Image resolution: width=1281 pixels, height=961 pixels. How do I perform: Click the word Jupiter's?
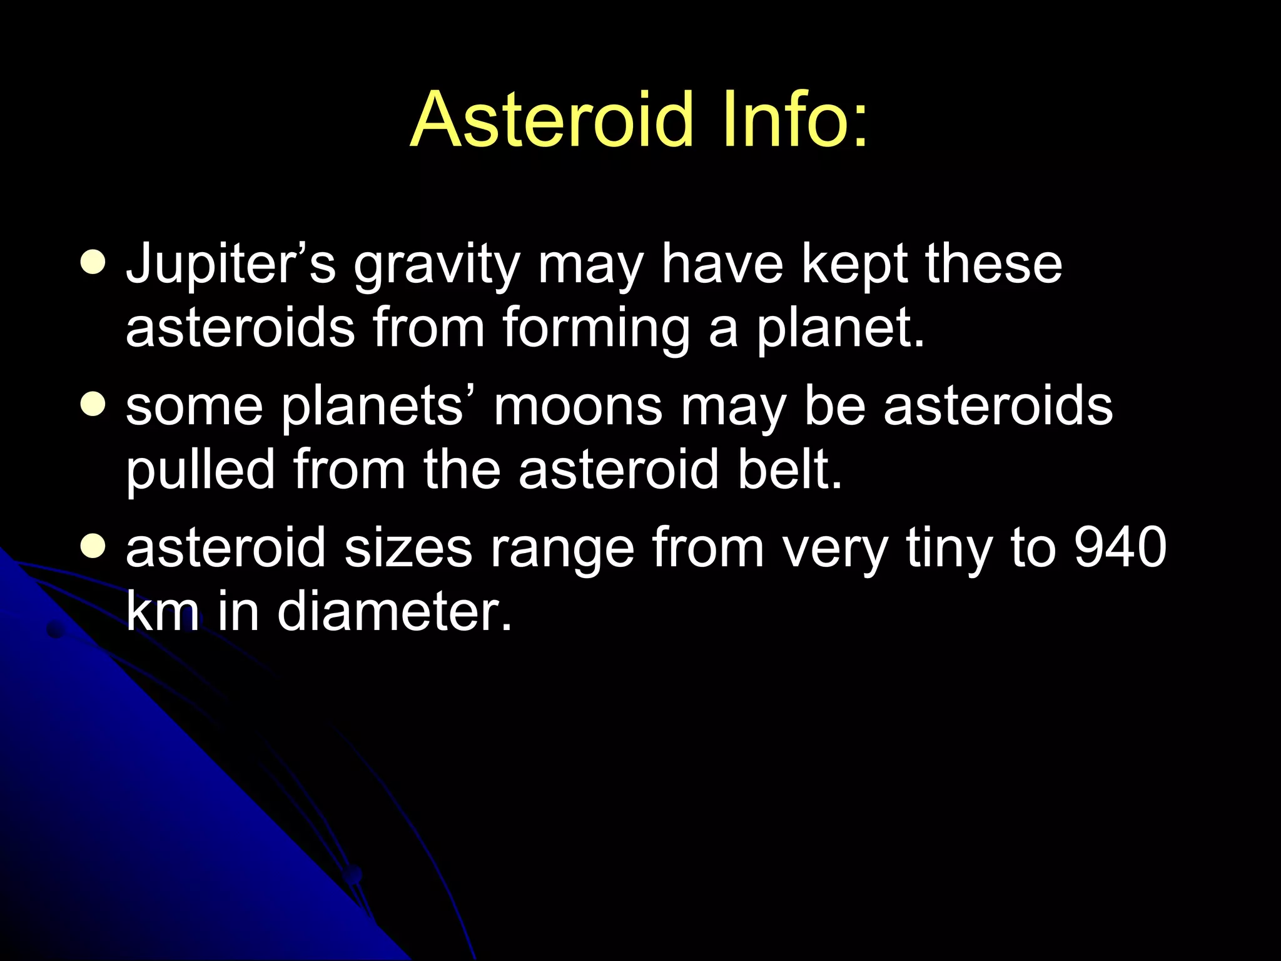[x=231, y=264]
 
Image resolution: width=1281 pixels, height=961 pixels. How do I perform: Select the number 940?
[x=1120, y=547]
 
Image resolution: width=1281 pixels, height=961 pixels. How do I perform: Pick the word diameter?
[x=395, y=611]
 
